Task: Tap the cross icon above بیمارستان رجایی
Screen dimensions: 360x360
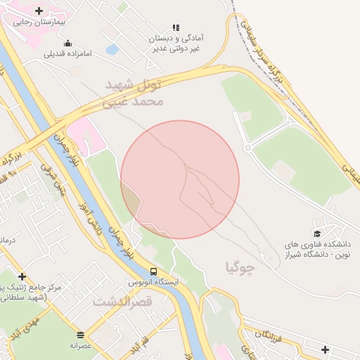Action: pos(39,11)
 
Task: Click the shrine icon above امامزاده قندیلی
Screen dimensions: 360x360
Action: pos(67,44)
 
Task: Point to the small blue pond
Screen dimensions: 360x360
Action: pos(112,50)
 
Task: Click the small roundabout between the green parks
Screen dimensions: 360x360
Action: pos(247,147)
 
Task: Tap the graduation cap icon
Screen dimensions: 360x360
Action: pos(317,233)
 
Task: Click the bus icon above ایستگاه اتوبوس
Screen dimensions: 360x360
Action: pos(153,271)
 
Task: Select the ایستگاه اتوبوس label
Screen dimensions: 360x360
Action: pos(153,282)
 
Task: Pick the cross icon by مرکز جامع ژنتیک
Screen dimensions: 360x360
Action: pos(22,276)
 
